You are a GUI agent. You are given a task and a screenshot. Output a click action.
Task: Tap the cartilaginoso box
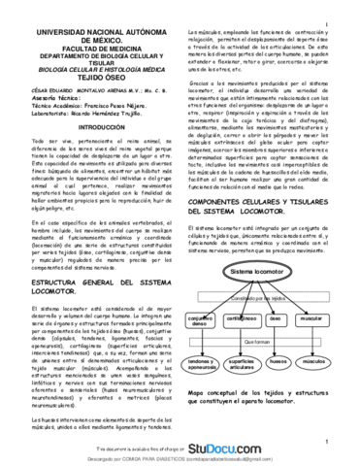click(240, 317)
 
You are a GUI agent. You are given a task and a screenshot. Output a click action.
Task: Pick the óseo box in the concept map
click(276, 317)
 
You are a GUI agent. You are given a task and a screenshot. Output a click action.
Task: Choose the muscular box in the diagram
click(313, 317)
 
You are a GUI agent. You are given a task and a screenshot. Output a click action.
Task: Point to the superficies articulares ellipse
click(241, 363)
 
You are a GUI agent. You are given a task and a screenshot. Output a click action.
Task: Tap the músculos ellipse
click(313, 361)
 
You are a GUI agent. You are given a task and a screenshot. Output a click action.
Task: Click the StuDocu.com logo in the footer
click(269, 449)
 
